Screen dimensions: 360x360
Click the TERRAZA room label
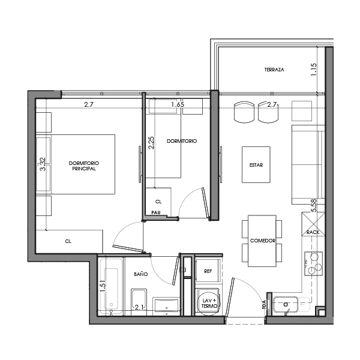click(274, 70)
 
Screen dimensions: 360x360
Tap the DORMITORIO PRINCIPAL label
click(83, 166)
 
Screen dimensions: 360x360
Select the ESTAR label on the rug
click(256, 165)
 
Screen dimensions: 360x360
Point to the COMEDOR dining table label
click(262, 241)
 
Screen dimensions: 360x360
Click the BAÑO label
click(140, 274)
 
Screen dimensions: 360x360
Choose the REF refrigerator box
click(208, 271)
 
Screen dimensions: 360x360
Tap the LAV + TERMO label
click(209, 303)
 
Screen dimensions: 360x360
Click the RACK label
click(313, 232)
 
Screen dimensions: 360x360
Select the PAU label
click(155, 212)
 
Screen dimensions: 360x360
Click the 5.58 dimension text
click(313, 205)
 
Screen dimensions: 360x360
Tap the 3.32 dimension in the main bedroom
click(43, 164)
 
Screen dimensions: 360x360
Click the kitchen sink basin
click(287, 304)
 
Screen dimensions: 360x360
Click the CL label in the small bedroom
click(158, 202)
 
